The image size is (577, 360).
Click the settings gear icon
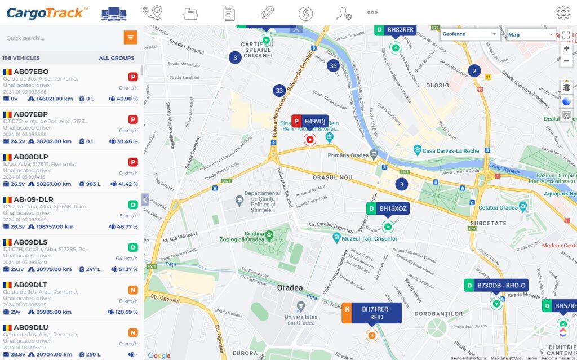(563, 13)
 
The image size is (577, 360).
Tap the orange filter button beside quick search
(131, 38)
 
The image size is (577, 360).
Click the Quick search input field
(62, 38)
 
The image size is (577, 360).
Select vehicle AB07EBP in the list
(31, 114)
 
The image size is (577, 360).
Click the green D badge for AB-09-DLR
(133, 205)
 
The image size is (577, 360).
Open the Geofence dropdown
(469, 34)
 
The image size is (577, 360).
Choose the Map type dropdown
(531, 35)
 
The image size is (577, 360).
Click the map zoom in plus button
(566, 48)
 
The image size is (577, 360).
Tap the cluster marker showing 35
(333, 65)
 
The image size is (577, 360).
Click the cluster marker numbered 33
(279, 90)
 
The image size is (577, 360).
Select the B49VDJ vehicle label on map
(314, 121)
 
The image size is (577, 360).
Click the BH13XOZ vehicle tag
(393, 208)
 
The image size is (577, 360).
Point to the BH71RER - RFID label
(376, 313)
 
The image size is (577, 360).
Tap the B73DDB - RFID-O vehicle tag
(501, 285)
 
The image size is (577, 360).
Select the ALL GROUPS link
(117, 58)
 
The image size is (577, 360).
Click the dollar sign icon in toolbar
(306, 13)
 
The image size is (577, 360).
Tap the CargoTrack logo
(47, 12)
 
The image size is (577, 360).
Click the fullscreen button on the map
(566, 34)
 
